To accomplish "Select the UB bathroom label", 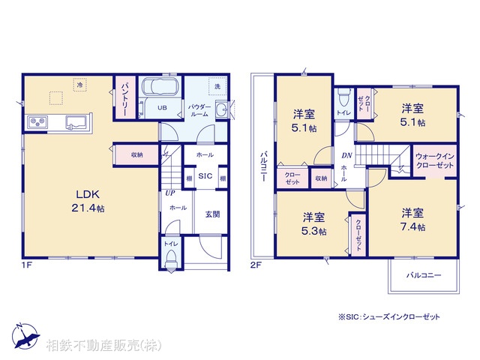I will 161,107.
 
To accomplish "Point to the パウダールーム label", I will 199,111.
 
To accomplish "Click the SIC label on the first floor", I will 205,177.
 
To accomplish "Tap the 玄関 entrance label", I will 212,214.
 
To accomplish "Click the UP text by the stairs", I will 170,193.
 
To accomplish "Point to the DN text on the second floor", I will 346,155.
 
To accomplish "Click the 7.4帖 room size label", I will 412,227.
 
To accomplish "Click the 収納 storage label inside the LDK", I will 136,154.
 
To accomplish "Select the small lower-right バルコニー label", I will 424,275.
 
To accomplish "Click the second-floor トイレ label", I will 343,112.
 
